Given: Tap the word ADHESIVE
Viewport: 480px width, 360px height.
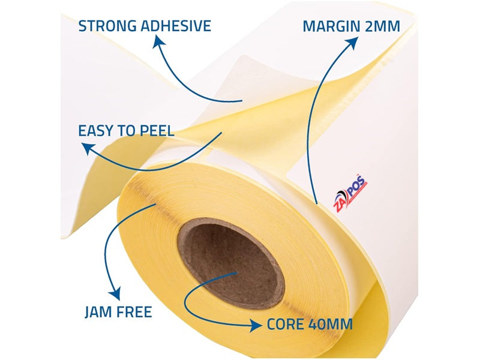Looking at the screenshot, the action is pos(176,26).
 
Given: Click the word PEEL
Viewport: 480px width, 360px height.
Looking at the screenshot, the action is pos(157,131).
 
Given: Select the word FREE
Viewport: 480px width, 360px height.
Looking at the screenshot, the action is pos(134,312).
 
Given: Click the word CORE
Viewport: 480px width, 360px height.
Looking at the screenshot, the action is pos(286,324).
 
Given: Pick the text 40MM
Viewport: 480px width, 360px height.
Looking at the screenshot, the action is pos(331,324).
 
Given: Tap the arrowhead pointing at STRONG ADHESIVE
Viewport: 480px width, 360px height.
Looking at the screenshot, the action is pos(158,42).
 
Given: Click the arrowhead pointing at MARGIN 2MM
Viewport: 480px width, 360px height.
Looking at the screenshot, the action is pos(353,43).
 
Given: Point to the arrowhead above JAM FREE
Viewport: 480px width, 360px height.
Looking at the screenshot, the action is pos(115,293).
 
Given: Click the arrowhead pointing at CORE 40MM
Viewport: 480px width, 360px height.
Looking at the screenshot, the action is pos(256,325).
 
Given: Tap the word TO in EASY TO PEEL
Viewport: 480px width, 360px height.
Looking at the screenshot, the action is pos(127,131).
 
